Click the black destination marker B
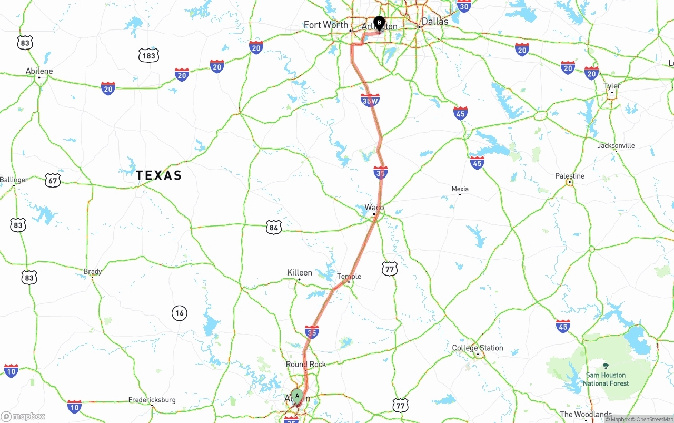(379, 23)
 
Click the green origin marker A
(297, 396)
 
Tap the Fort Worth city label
(325, 25)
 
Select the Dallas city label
(435, 22)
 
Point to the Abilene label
(39, 71)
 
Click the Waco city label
(374, 208)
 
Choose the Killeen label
(299, 272)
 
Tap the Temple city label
(349, 276)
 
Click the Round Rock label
(306, 364)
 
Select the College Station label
(478, 348)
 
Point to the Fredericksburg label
(152, 400)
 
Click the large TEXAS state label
(158, 175)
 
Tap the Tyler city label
(612, 85)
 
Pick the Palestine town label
(570, 176)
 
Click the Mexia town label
(460, 189)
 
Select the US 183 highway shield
(149, 55)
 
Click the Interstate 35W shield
(370, 100)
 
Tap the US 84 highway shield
(273, 227)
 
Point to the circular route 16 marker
(180, 313)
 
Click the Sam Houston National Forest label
(606, 379)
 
